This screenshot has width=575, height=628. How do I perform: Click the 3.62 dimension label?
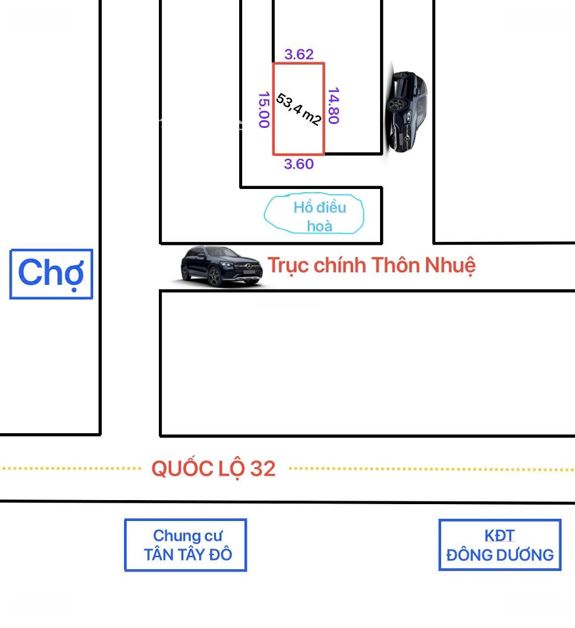pyautogui.click(x=299, y=55)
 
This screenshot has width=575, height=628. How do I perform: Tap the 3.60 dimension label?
pyautogui.click(x=299, y=164)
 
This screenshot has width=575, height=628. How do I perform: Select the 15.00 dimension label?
pyautogui.click(x=263, y=110)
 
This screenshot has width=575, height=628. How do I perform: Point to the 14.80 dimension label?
pyautogui.click(x=333, y=106)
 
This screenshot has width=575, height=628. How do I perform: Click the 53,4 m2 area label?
pyautogui.click(x=299, y=109)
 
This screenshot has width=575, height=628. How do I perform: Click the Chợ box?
pyautogui.click(x=51, y=274)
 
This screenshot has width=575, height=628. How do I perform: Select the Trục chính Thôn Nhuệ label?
pyautogui.click(x=371, y=265)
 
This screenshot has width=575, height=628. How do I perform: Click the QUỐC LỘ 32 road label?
pyautogui.click(x=213, y=468)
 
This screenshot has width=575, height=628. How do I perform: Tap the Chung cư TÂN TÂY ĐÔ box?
pyautogui.click(x=186, y=545)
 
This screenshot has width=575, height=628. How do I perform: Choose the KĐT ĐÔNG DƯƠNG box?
pyautogui.click(x=500, y=545)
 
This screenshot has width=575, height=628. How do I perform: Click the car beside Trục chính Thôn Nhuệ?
pyautogui.click(x=222, y=266)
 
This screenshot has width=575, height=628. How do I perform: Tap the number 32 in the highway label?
pyautogui.click(x=262, y=468)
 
